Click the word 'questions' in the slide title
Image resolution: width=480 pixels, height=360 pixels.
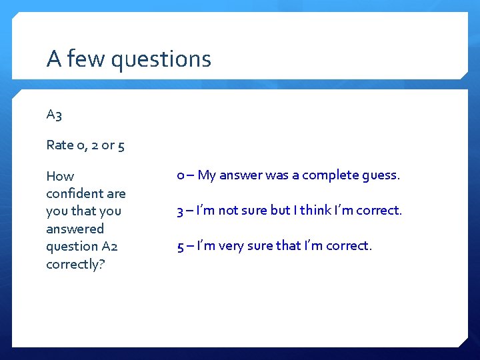(161, 60)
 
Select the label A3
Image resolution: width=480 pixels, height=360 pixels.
(54, 115)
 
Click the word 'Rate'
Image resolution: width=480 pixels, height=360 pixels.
(60, 145)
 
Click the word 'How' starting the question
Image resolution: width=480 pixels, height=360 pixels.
(60, 176)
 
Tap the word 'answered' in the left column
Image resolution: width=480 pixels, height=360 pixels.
(75, 229)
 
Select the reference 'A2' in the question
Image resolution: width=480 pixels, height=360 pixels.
(109, 246)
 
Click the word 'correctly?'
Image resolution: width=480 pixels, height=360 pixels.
(76, 264)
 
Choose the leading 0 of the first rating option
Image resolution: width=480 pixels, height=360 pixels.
(181, 175)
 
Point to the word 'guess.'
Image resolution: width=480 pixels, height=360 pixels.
(380, 175)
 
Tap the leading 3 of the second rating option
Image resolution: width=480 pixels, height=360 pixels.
(180, 211)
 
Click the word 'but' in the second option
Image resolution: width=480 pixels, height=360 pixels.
(280, 211)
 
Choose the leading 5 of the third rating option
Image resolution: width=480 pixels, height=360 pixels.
(180, 246)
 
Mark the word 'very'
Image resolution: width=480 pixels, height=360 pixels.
(231, 246)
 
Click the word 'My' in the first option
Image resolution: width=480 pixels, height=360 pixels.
(207, 175)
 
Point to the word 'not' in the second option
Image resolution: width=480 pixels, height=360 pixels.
(228, 211)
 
